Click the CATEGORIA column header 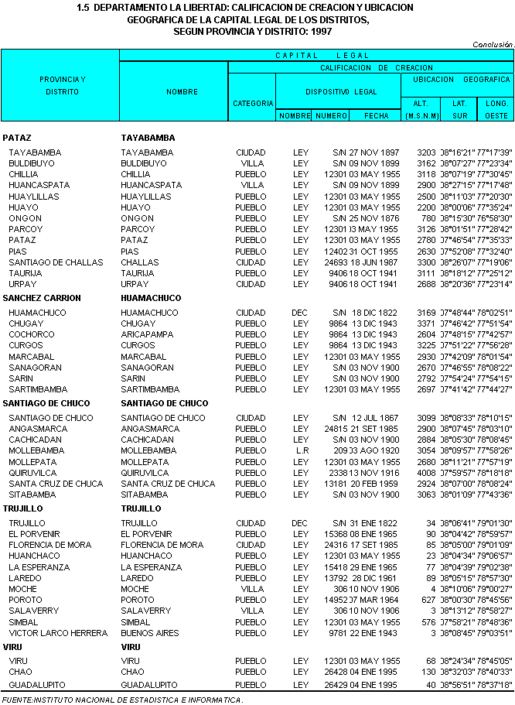(x=253, y=103)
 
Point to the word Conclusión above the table (x=493, y=45)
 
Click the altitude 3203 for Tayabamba (x=426, y=152)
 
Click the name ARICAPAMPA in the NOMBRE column (x=148, y=334)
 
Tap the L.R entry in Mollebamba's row (x=302, y=450)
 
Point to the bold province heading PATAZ (x=17, y=138)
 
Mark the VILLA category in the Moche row (x=253, y=589)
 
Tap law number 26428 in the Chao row (x=335, y=672)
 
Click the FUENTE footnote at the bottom (x=122, y=700)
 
